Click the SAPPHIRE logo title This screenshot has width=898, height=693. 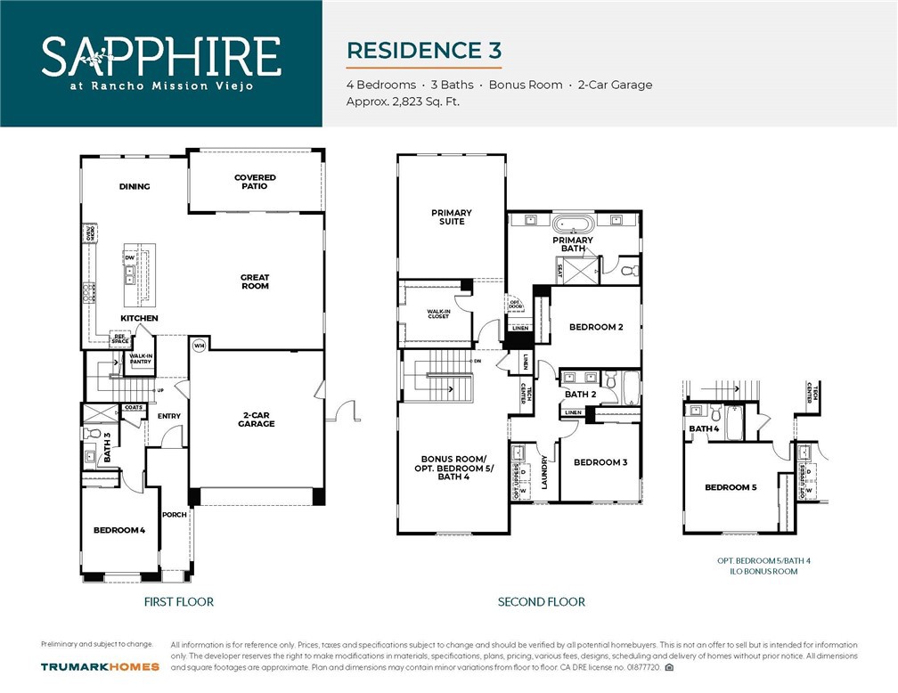(160, 55)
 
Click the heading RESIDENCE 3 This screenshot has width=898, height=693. (423, 50)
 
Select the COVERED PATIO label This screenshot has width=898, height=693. (255, 182)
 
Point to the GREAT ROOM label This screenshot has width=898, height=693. (255, 282)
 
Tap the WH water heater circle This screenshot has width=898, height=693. (200, 346)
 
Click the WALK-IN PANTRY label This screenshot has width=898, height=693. (141, 359)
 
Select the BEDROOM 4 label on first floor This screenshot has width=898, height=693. (119, 531)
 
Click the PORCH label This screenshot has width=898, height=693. (174, 515)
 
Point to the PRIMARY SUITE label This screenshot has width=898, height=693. (452, 216)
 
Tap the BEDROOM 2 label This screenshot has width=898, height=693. (596, 327)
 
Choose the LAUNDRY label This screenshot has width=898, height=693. (543, 473)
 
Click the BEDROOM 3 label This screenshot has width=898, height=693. (600, 462)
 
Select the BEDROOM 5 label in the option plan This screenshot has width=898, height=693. (731, 487)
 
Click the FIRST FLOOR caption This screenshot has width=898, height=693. (179, 602)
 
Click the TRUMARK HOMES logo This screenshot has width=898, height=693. (100, 666)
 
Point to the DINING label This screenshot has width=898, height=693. (135, 187)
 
